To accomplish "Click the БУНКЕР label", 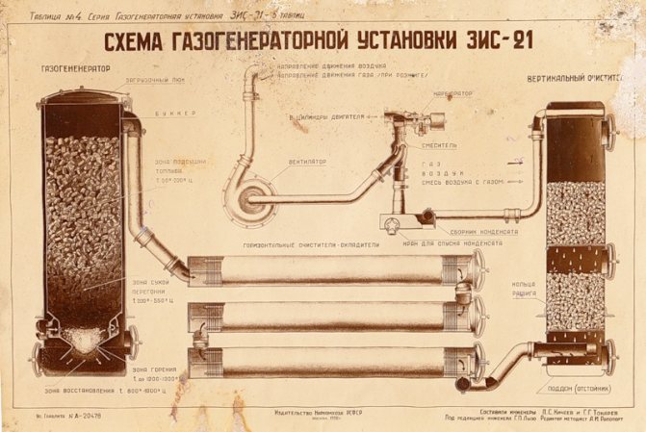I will [173, 113].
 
